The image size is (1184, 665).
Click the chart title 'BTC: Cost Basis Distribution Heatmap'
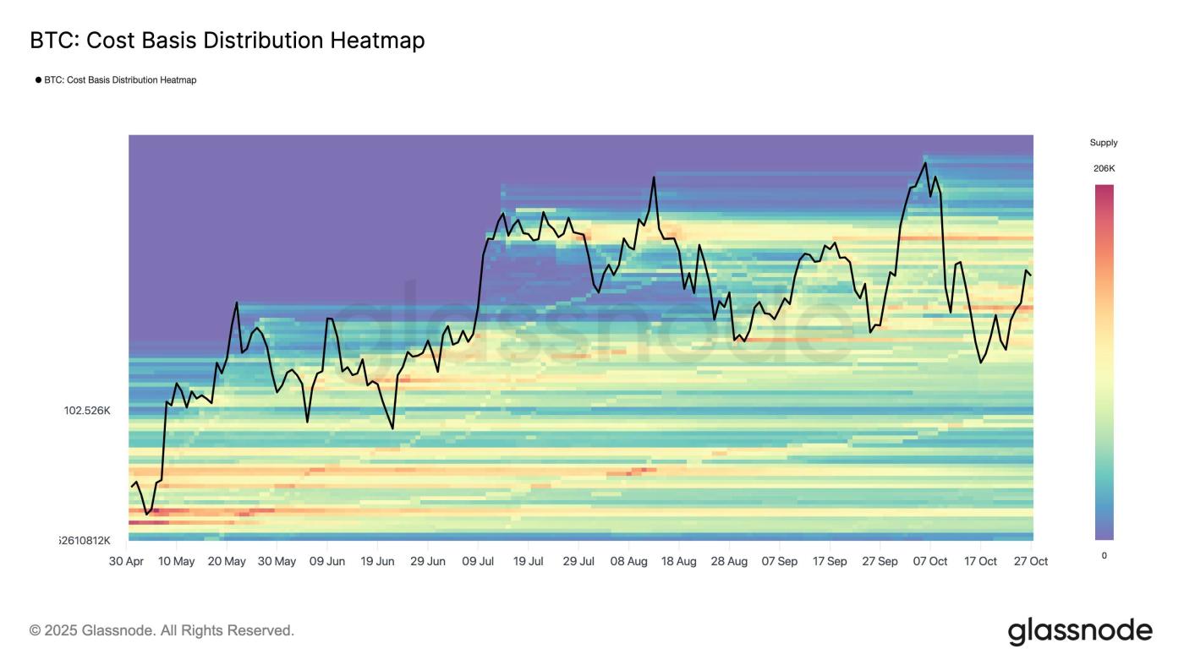coord(227,40)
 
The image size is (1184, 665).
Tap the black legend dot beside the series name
coord(38,80)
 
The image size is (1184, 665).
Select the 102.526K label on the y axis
coord(87,411)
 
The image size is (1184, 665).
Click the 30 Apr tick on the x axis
coord(127,561)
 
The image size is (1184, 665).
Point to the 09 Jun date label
coord(326,561)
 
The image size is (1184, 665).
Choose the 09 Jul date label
coord(478,561)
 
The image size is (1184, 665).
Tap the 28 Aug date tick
coord(729,561)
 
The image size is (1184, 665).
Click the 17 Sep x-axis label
coord(830,561)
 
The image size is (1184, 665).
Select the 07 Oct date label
coord(930,561)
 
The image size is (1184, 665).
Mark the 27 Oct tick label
coord(1031,561)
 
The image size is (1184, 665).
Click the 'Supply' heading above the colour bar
coord(1104,143)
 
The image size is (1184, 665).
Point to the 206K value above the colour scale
coord(1104,168)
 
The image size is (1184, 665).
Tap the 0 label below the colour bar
coord(1104,555)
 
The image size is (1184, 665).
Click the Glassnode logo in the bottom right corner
coord(1080,631)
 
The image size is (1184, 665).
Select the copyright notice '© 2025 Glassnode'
coord(162,630)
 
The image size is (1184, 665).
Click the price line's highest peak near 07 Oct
coord(925,163)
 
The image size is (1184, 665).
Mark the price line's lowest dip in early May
coord(146,514)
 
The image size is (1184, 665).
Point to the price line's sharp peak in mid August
coord(655,177)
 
